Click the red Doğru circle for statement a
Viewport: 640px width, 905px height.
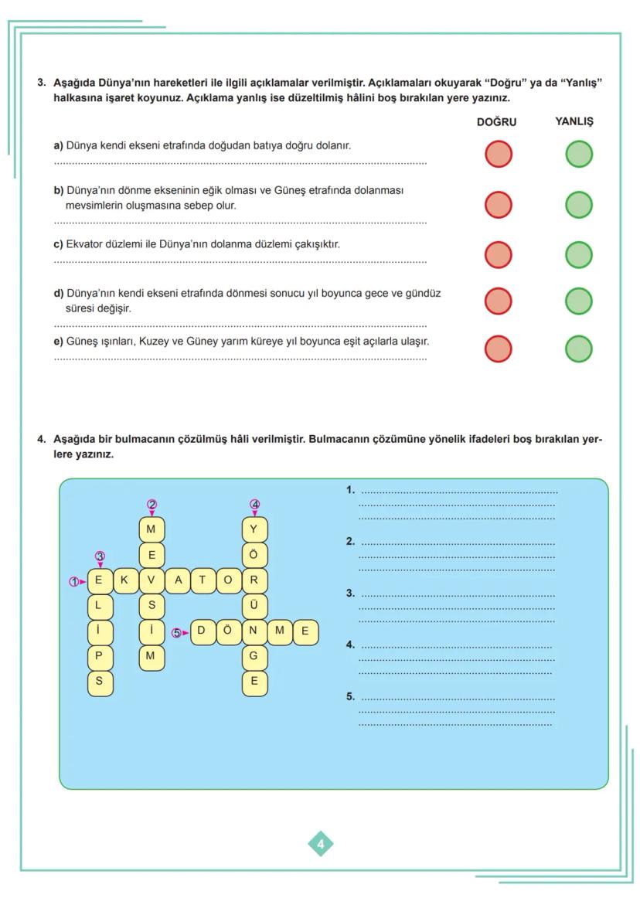coord(499,154)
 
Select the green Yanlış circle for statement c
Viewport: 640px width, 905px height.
coord(579,254)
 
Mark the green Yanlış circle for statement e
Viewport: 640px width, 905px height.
coord(579,349)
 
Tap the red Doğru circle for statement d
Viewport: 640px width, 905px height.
coord(499,301)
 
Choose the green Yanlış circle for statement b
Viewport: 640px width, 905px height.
coord(579,205)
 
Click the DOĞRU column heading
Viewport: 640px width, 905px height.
coord(496,122)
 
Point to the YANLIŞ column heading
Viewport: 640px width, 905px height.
coord(574,122)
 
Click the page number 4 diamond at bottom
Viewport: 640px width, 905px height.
coord(321,843)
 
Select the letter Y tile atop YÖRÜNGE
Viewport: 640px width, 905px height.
coord(254,529)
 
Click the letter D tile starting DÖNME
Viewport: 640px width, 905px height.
coord(202,631)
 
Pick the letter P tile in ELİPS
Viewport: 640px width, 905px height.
coord(99,656)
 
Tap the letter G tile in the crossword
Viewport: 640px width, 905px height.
coord(254,656)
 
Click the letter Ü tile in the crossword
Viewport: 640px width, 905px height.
coord(254,605)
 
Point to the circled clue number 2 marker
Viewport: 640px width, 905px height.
coord(152,504)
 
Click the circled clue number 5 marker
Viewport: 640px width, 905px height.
coord(176,631)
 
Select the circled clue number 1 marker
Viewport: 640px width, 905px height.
coord(73,581)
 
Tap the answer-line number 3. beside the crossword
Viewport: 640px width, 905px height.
coord(350,594)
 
